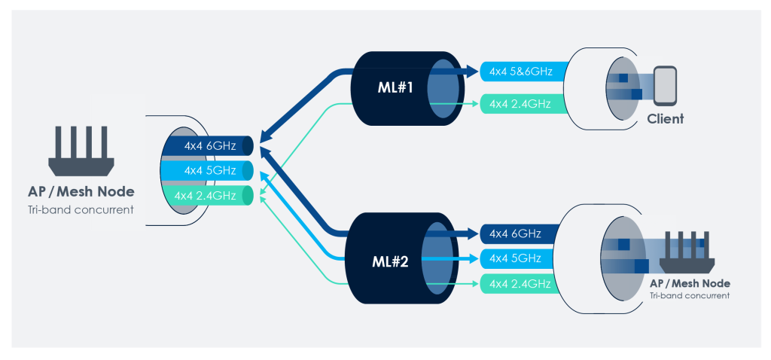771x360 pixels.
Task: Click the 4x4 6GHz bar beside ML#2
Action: [520, 233]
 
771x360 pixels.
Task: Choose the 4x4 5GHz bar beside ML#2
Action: [520, 258]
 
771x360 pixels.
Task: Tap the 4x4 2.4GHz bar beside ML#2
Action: [520, 284]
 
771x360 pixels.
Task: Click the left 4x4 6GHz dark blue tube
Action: [207, 145]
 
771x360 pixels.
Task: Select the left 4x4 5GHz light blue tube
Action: [207, 171]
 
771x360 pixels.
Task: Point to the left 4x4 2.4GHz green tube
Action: [207, 195]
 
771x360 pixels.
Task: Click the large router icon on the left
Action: [81, 151]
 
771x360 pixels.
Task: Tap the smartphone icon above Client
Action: [665, 85]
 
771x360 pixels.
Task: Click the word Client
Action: [666, 118]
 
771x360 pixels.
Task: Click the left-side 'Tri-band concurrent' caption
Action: [81, 209]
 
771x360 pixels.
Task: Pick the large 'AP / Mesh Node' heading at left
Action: [81, 191]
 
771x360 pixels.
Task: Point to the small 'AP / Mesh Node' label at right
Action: [690, 284]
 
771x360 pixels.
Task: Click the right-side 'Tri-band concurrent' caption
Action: [690, 295]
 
